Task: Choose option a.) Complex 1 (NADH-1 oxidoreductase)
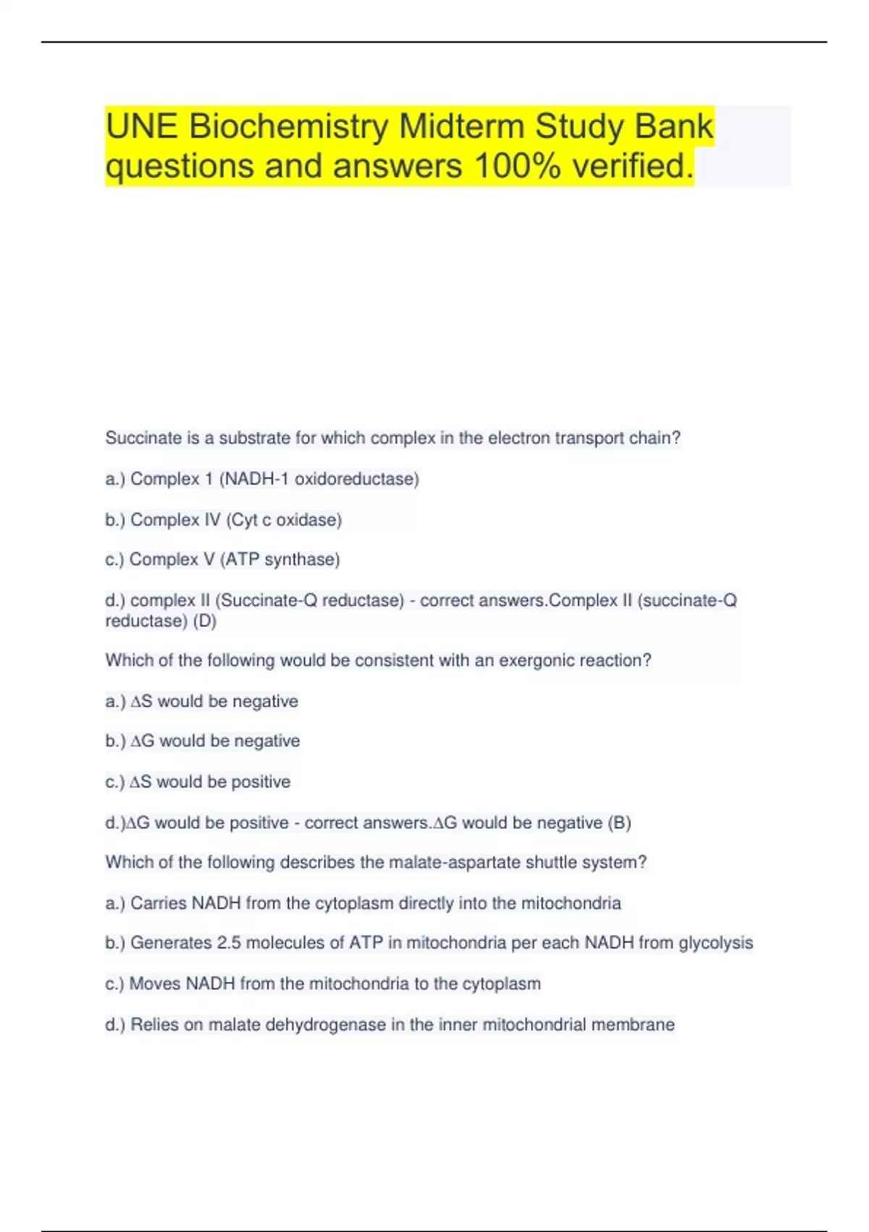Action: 262,479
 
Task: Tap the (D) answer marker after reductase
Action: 205,621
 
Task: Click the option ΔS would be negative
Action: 214,702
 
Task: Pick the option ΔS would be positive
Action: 210,782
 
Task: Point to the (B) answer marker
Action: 619,823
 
